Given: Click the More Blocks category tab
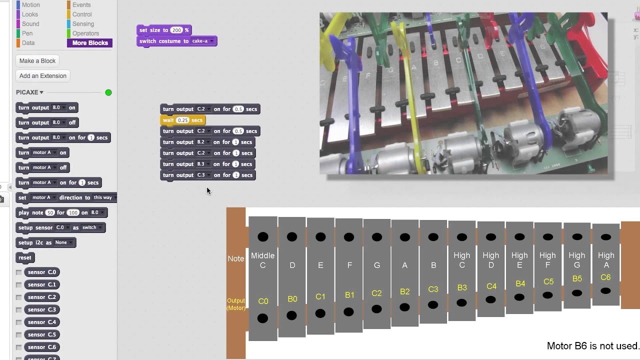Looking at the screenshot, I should coord(90,43).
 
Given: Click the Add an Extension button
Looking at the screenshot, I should coord(42,76).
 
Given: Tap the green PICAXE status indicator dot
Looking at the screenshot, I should coord(108,92).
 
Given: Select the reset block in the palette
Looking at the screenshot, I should coord(24,257).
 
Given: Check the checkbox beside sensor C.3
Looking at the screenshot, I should coord(19,310).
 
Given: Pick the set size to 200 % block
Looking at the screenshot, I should coord(150,30).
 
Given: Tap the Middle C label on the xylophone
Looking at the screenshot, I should coord(262,260).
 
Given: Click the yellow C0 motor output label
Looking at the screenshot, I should coord(263,301).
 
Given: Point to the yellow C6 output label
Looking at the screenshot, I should coord(605,277).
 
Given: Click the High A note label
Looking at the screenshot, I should coord(606,260).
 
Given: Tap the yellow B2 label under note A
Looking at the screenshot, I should coord(405,291).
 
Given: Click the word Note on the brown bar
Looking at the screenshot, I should coord(236,258).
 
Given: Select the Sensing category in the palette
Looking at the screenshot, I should coord(83,24).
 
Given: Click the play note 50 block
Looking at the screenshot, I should coord(31,212).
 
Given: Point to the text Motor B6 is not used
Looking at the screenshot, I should coord(592,346).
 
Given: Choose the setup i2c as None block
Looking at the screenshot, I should coord(35,242).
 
